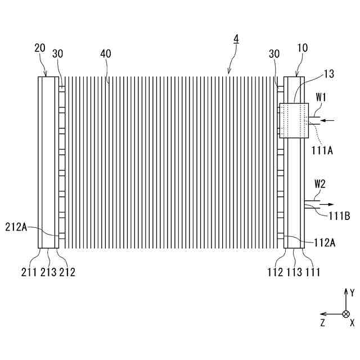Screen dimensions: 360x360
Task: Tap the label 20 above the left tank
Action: click(40, 48)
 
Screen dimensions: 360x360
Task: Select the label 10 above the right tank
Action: click(302, 48)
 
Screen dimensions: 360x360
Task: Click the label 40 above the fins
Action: click(106, 53)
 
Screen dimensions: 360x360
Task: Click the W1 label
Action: click(321, 96)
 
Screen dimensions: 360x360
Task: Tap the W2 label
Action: click(320, 183)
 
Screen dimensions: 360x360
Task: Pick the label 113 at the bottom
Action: click(294, 273)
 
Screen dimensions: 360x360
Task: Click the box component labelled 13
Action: click(294, 120)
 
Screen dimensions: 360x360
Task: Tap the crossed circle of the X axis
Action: click(346, 314)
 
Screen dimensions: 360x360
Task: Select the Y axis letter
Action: click(352, 292)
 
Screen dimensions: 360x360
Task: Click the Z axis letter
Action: click(323, 323)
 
